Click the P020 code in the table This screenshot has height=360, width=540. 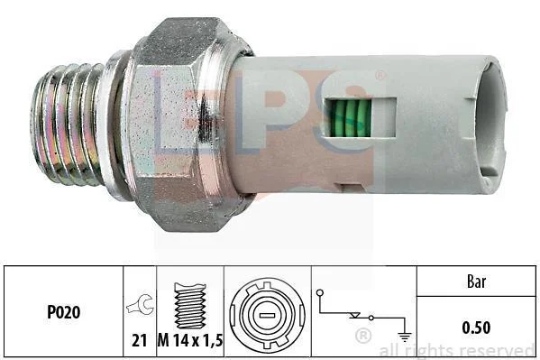[x=64, y=312]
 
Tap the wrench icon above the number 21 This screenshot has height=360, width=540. [x=140, y=304]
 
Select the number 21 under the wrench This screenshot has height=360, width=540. [x=140, y=341]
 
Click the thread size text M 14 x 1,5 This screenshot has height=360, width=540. [x=190, y=341]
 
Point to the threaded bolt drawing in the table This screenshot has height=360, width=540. [x=190, y=306]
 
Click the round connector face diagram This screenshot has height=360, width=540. [x=267, y=315]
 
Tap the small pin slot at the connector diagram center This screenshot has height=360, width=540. [x=267, y=316]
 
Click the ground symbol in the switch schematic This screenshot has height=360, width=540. [x=404, y=336]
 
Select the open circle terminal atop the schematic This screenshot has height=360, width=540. [x=320, y=292]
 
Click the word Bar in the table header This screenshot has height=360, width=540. [x=477, y=282]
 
